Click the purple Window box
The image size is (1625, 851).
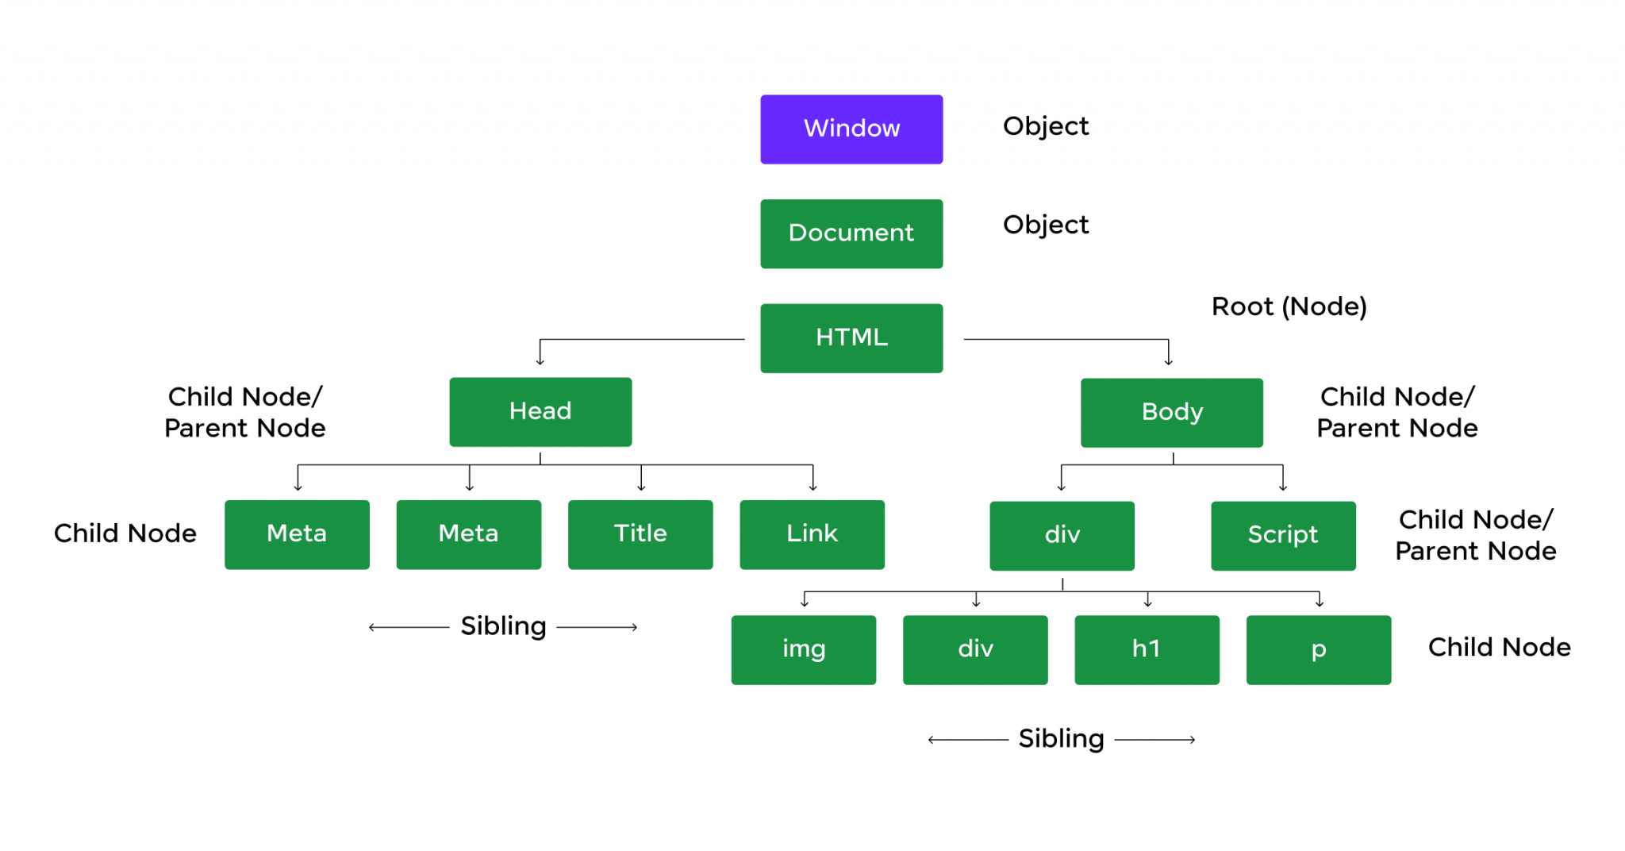(851, 129)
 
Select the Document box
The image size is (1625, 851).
(851, 233)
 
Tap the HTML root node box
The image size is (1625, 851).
(851, 338)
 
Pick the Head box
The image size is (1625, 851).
(540, 411)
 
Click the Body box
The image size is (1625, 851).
(1171, 412)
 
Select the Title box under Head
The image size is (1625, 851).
(640, 534)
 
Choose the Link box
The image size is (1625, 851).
(812, 534)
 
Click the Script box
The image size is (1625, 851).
(1283, 535)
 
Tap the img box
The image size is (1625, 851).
(803, 649)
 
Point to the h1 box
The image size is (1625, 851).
(1147, 649)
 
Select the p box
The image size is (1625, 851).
(1318, 649)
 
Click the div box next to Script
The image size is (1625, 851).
(1062, 535)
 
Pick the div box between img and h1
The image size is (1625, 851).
(975, 649)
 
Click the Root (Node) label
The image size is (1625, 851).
(1289, 306)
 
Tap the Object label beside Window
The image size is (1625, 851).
(1046, 126)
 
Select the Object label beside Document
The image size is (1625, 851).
(1046, 225)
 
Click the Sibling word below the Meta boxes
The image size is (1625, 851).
(503, 626)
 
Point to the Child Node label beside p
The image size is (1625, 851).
(1499, 647)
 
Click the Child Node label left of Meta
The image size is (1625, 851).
(125, 533)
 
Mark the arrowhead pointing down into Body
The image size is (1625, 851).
(1168, 362)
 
